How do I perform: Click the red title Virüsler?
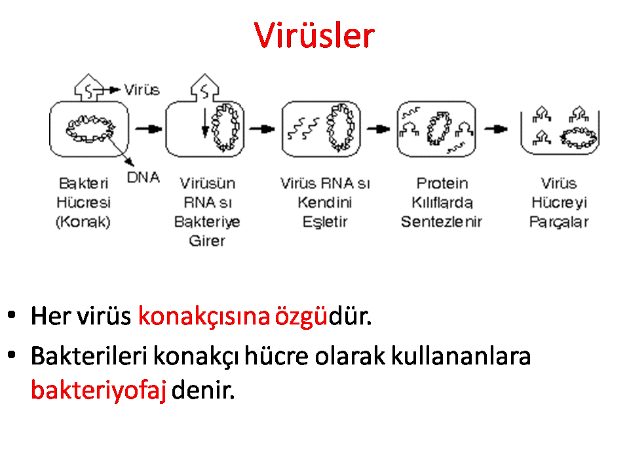pyautogui.click(x=314, y=35)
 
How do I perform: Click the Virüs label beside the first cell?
pyautogui.click(x=142, y=90)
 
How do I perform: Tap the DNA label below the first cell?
pyautogui.click(x=143, y=177)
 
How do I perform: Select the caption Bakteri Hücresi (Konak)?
pyautogui.click(x=83, y=203)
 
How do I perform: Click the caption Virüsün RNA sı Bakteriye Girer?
pyautogui.click(x=207, y=212)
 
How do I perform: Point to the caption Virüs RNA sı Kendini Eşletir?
pyautogui.click(x=325, y=203)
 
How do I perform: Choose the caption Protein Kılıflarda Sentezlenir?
pyautogui.click(x=442, y=203)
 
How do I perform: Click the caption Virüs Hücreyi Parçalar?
pyautogui.click(x=559, y=203)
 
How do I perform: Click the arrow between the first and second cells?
pyautogui.click(x=149, y=129)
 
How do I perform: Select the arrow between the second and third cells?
pyautogui.click(x=262, y=129)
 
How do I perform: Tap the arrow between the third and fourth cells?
pyautogui.click(x=379, y=129)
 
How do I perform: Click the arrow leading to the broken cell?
pyautogui.click(x=496, y=129)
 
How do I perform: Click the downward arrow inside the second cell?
pyautogui.click(x=205, y=123)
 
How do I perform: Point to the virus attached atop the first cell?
pyautogui.click(x=88, y=87)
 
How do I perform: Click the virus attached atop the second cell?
pyautogui.click(x=204, y=87)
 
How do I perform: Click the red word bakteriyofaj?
pyautogui.click(x=98, y=389)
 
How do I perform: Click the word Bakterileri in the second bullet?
pyautogui.click(x=89, y=355)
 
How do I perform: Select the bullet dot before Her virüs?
pyautogui.click(x=12, y=314)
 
